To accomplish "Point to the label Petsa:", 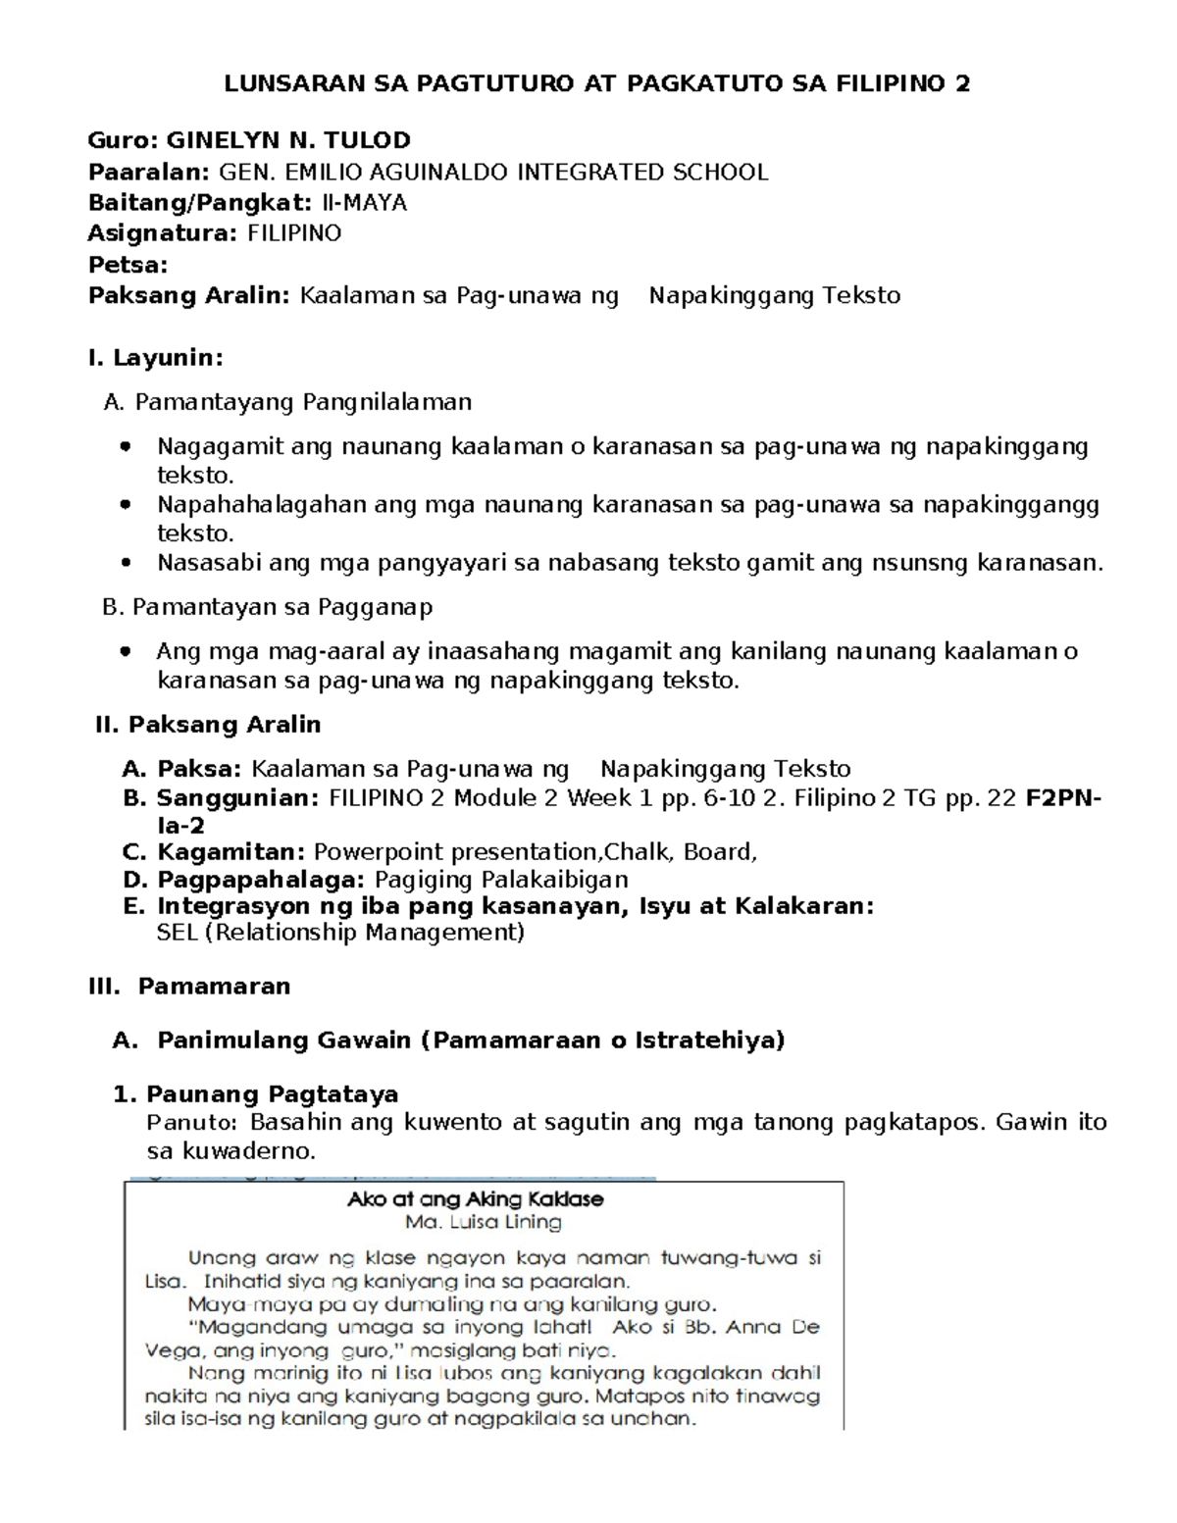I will pyautogui.click(x=128, y=265).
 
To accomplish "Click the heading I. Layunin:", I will pyautogui.click(x=156, y=358).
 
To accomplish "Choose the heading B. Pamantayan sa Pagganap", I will pyautogui.click(x=267, y=607).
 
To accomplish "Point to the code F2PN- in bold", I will pyautogui.click(x=1062, y=798).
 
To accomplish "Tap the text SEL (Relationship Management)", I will pyautogui.click(x=340, y=932).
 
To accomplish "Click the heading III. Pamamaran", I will pyautogui.click(x=189, y=987).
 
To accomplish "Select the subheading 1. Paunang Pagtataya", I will pyautogui.click(x=256, y=1094).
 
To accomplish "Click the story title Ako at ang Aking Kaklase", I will pyautogui.click(x=476, y=1198).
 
